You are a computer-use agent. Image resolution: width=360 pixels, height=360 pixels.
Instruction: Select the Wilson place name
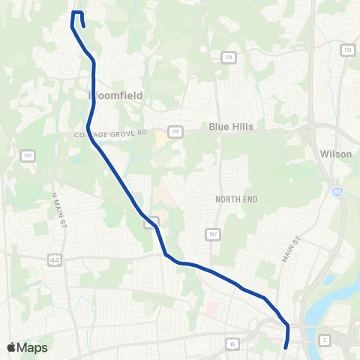(335, 153)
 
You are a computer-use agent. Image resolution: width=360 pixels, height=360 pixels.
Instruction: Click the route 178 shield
(226, 57)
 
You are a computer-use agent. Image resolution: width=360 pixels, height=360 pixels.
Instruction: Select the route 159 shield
(347, 50)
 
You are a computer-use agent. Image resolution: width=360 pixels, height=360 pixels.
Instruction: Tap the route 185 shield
(28, 156)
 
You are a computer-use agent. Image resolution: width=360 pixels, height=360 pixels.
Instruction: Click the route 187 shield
(207, 235)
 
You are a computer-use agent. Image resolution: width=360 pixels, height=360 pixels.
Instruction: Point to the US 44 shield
(55, 259)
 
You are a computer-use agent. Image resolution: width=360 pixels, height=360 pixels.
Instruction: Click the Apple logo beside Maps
(12, 347)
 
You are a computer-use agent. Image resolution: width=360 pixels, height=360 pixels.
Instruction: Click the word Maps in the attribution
(33, 347)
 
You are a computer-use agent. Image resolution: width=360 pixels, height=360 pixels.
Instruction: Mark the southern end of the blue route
(286, 346)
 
